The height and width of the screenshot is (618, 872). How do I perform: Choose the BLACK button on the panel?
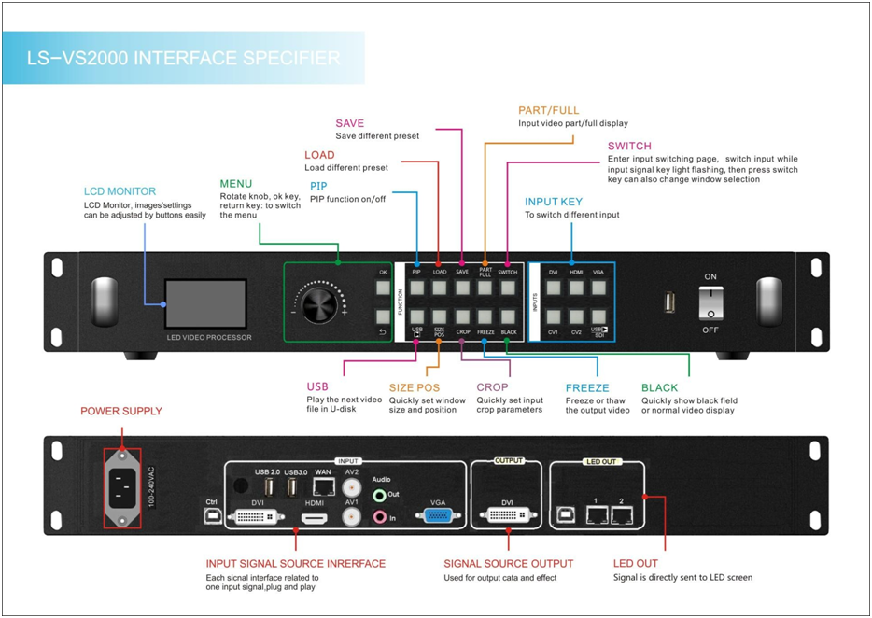pos(508,316)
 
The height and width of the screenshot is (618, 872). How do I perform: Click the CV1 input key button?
pos(554,316)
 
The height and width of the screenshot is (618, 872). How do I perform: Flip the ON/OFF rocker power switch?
pos(710,302)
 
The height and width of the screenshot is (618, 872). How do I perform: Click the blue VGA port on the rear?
pos(439,515)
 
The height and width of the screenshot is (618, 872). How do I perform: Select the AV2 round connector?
pos(352,487)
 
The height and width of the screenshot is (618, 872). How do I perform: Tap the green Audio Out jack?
pos(380,496)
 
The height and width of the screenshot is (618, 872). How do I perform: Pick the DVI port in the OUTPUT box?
pos(507,515)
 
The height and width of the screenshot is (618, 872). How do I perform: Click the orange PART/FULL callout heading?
pos(549,111)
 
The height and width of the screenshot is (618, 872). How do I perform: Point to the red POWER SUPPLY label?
pos(121,411)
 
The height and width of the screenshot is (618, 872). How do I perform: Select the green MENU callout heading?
pos(235,183)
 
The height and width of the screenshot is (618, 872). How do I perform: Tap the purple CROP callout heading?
pos(492,387)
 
